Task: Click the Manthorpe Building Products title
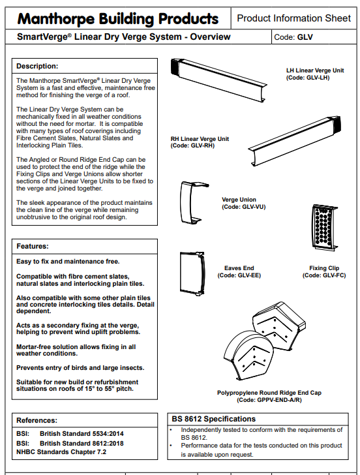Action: pos(118,19)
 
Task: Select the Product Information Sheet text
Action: pos(293,18)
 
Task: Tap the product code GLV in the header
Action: pos(305,37)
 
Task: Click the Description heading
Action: pos(37,66)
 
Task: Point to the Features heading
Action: pos(33,246)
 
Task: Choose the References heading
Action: pos(37,420)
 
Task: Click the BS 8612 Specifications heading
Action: pos(213,419)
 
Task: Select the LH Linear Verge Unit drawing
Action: pos(218,80)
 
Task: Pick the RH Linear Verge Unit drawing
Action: pos(295,141)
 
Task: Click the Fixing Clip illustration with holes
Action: pos(324,227)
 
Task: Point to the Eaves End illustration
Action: pos(192,273)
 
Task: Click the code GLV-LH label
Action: pos(308,78)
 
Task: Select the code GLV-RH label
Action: pos(192,146)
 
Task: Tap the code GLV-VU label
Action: pos(244,207)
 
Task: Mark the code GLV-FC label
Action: pos(324,275)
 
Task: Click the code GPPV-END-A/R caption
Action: pos(269,400)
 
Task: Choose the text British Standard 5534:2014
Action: pos(82,434)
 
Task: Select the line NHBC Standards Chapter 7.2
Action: pos(61,452)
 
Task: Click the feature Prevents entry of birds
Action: pos(80,368)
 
